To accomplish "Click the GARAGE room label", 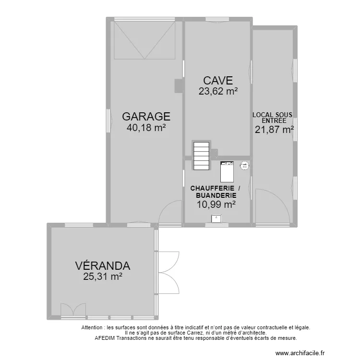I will (146, 116).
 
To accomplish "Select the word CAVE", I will (217, 80).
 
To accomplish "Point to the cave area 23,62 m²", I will (218, 91).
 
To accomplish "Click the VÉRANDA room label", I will (103, 265).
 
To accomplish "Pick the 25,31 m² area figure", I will (103, 276).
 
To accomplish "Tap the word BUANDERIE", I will (216, 195).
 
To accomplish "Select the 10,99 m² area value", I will (216, 204).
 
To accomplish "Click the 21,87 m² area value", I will (274, 129).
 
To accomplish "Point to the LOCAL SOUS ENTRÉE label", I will (273, 118).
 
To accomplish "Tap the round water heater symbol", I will (245, 165).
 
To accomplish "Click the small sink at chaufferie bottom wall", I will (217, 219).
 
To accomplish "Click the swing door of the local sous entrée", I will (271, 206).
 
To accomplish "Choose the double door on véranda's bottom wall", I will (73, 310).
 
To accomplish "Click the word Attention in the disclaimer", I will (92, 327).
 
